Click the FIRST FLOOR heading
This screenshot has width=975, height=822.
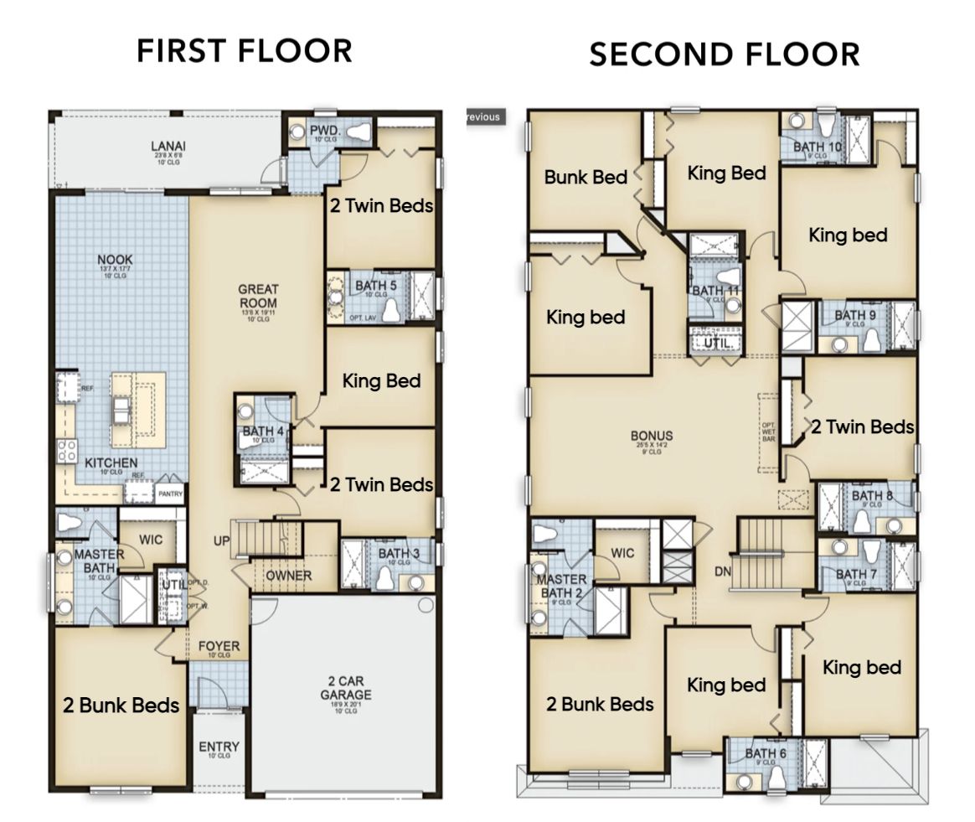point(245,50)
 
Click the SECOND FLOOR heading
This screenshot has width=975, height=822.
point(725,54)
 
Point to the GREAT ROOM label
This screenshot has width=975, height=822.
point(257,296)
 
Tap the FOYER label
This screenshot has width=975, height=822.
point(219,646)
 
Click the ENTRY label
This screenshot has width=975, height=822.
point(219,747)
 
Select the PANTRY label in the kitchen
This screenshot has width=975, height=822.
point(170,494)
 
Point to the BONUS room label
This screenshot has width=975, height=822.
point(652,436)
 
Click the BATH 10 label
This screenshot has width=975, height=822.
point(818,147)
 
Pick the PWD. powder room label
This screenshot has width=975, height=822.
point(322,130)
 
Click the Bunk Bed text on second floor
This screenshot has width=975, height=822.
point(584,177)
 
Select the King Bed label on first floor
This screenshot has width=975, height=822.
point(381,380)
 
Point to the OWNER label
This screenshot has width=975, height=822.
point(288,576)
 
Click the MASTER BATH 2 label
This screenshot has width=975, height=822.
point(562,586)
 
